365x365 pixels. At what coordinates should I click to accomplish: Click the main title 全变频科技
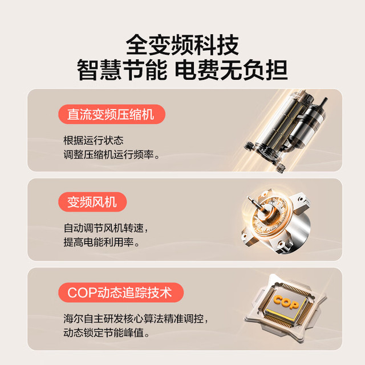click(182, 44)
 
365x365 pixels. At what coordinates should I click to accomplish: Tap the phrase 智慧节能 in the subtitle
click(122, 70)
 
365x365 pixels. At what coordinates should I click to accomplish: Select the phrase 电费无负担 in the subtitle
click(231, 70)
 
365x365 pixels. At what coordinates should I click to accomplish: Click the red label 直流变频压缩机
click(112, 114)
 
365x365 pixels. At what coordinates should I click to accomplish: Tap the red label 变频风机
click(92, 202)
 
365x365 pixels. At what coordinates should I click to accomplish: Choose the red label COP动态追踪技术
click(121, 293)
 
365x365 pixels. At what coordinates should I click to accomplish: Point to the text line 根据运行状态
click(94, 140)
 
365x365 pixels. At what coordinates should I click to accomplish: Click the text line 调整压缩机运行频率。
click(112, 155)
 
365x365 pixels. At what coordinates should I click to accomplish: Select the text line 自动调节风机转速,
click(106, 228)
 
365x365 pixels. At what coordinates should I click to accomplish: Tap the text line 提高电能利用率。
click(102, 242)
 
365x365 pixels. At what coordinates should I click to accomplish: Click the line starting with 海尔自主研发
click(136, 319)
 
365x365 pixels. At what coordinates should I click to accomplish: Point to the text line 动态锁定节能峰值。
click(107, 333)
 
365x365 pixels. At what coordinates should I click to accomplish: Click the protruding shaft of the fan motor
click(255, 204)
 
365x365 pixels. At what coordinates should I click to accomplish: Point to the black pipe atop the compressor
click(323, 104)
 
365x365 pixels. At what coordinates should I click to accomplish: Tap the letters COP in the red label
click(82, 293)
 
